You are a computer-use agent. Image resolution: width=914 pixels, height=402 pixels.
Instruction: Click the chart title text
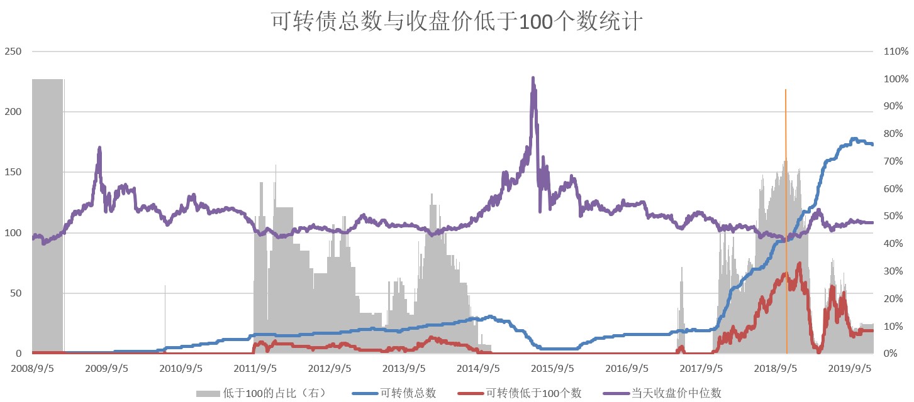[x=457, y=21]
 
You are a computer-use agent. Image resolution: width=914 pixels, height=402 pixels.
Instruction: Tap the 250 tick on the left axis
[x=13, y=52]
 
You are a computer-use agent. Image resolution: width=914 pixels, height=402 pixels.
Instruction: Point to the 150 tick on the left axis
[x=13, y=173]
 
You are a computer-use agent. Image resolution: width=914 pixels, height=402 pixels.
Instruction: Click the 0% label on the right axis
[x=892, y=354]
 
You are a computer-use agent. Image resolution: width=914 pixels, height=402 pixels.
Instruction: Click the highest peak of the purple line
[x=533, y=79]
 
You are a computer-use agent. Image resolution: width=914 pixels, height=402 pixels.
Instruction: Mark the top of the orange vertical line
[x=786, y=90]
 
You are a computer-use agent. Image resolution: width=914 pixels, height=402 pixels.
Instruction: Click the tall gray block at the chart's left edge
[x=47, y=214]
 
